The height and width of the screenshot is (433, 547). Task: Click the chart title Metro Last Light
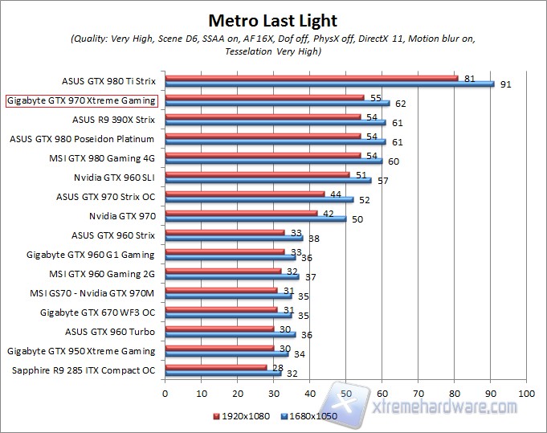click(273, 20)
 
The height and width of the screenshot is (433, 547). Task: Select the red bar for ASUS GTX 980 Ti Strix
click(311, 78)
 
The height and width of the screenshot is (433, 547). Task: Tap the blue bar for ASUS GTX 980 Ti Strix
click(329, 84)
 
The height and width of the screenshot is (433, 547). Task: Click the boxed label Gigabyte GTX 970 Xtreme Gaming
click(81, 100)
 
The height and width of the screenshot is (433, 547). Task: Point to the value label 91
click(505, 84)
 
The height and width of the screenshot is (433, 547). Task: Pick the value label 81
click(470, 78)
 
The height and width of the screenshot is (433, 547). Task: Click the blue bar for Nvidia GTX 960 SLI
click(267, 180)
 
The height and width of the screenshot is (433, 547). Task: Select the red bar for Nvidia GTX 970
click(241, 213)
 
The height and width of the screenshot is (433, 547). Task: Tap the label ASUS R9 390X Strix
click(113, 120)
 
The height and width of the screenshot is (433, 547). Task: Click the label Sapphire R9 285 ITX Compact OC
click(84, 370)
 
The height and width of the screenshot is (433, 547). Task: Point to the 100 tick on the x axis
click(527, 394)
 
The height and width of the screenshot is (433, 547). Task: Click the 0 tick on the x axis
click(165, 394)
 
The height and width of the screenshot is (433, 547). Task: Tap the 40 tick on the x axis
click(310, 394)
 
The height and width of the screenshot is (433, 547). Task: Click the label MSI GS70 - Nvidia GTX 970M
click(91, 293)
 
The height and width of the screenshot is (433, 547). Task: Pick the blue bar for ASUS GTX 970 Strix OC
click(259, 199)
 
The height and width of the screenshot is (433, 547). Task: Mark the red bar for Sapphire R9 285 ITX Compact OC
click(215, 367)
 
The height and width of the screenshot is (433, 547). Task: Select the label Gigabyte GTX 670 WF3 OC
click(97, 312)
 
